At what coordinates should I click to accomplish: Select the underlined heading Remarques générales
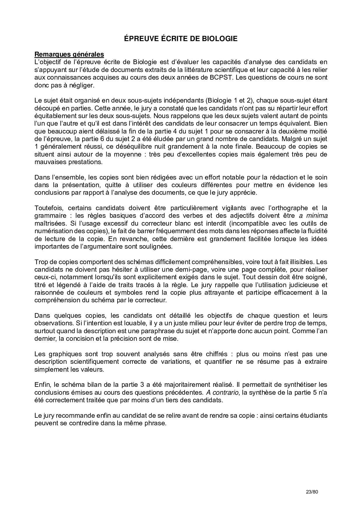point(69,54)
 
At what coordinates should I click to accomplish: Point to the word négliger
point(85,85)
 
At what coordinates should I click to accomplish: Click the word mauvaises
point(48,162)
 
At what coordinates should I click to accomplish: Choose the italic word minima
point(317,216)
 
